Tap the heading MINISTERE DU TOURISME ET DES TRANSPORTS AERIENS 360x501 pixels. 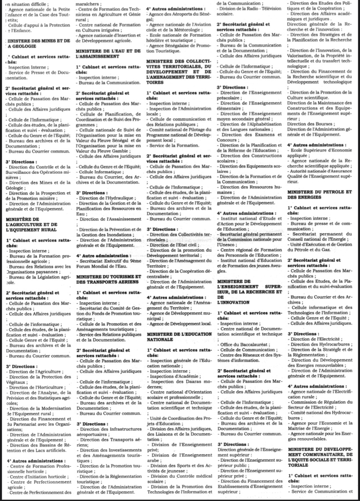click(108, 280)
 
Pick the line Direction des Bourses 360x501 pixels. click(310, 124)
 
